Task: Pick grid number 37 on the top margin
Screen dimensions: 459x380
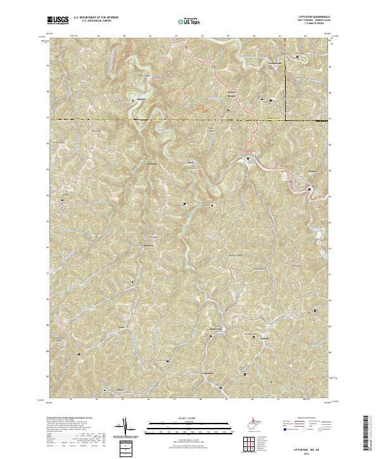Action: tap(175, 36)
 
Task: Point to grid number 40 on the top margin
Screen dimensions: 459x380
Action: tap(253, 36)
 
